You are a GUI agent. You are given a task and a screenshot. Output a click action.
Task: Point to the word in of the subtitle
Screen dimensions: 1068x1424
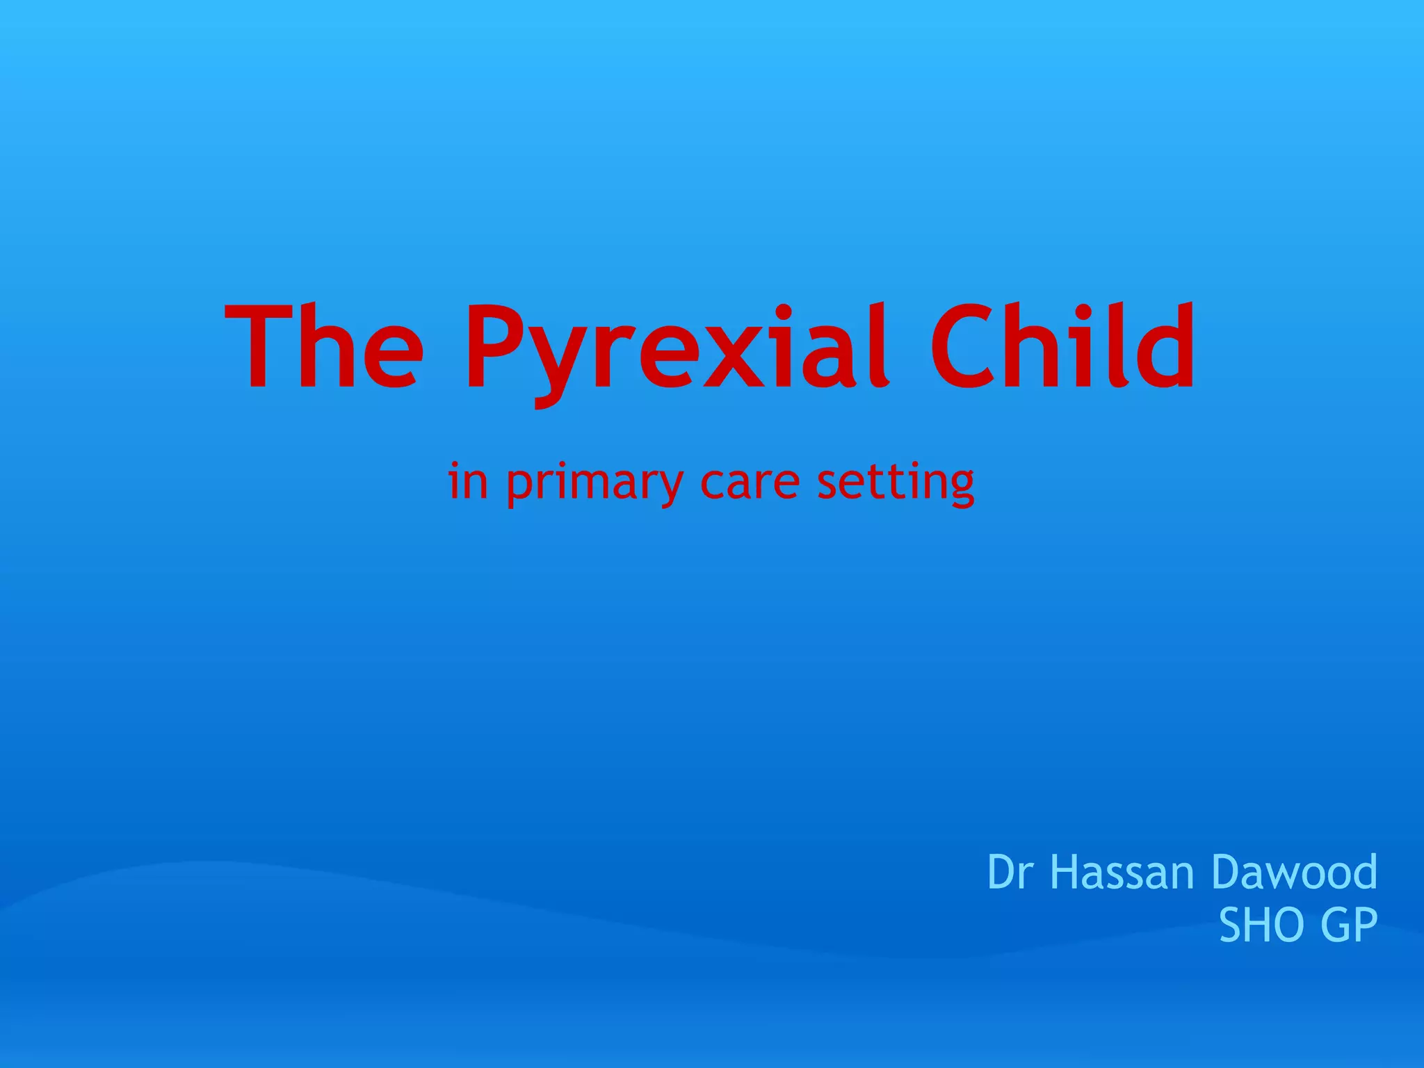tap(467, 481)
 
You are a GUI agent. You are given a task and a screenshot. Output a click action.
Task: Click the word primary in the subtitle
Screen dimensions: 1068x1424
tap(594, 483)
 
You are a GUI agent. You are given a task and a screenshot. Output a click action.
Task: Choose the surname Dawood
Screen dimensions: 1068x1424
tap(1293, 872)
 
